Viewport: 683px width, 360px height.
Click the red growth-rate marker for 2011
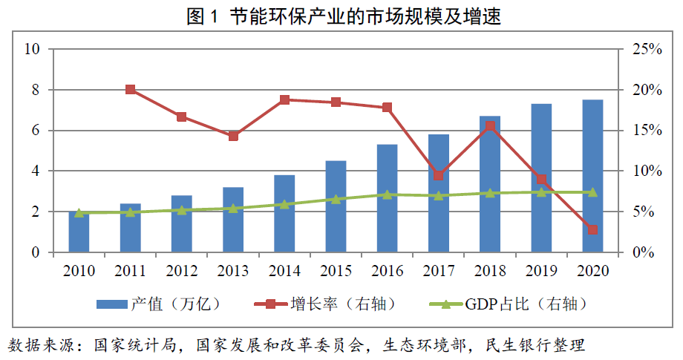click(x=131, y=90)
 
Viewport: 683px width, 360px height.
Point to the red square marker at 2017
click(x=438, y=175)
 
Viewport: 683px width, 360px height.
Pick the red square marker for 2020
click(x=592, y=229)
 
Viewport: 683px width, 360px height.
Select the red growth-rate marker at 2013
click(x=233, y=136)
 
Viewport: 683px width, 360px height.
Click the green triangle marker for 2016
click(x=387, y=194)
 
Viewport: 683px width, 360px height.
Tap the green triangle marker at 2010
click(x=79, y=212)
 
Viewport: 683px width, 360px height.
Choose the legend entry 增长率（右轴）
click(x=323, y=304)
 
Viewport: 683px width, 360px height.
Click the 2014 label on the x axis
click(x=284, y=271)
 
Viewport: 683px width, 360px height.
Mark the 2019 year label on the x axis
click(x=541, y=271)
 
